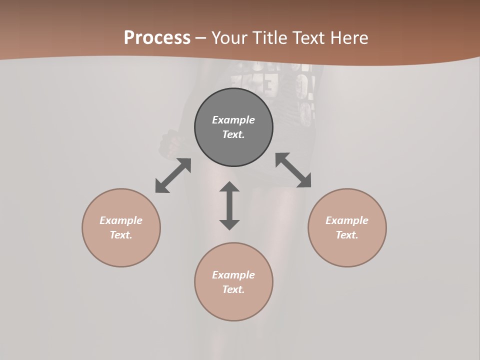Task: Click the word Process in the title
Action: [157, 38]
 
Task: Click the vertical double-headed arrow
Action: [229, 205]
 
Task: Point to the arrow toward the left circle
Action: [173, 175]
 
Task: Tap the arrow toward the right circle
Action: [293, 170]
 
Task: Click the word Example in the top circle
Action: [233, 120]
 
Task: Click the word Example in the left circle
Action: [121, 220]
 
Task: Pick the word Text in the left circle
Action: [121, 235]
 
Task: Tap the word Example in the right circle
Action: [347, 220]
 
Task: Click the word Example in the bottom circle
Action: [233, 275]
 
